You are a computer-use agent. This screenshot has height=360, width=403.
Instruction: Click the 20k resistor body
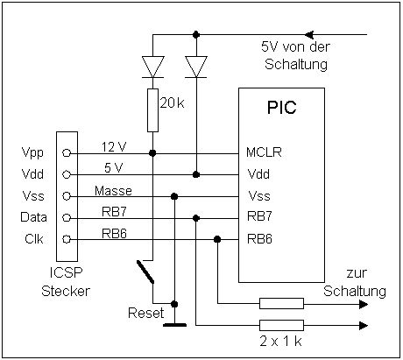point(152,110)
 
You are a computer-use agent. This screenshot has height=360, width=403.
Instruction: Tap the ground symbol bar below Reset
point(174,325)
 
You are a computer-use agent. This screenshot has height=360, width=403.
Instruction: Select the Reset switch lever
point(145,272)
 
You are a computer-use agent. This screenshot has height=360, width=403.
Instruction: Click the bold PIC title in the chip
point(281,108)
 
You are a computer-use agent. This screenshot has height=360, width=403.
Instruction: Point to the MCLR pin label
point(264,152)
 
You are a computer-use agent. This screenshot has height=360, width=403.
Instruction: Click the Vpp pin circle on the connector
point(67,153)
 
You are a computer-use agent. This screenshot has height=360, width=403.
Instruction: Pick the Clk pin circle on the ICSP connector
point(67,239)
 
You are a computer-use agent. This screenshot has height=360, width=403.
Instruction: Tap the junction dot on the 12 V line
point(152,153)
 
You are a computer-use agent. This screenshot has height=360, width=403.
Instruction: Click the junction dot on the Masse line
point(174,196)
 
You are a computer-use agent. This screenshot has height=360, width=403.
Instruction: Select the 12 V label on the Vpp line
point(114,147)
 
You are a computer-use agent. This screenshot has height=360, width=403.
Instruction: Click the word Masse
point(113,191)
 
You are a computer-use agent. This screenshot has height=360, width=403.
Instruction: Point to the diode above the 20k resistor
point(152,67)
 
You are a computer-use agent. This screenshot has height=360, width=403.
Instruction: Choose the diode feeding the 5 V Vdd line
point(196,67)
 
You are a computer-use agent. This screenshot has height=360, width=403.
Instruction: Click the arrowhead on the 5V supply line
point(309,35)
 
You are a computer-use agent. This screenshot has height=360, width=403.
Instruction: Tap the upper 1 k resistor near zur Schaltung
point(281,304)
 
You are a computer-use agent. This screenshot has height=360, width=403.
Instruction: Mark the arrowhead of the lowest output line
point(364,325)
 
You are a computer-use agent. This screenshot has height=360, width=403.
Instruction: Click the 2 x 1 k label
point(280,341)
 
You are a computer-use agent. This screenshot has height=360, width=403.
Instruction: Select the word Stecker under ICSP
point(66,291)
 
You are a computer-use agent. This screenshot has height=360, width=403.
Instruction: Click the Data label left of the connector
point(33,217)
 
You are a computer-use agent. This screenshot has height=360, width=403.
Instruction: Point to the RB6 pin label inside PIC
point(259,239)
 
